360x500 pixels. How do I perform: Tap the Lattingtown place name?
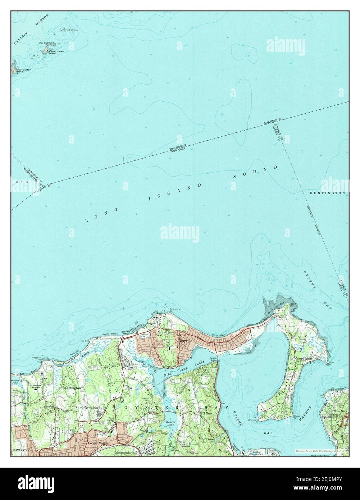[x=74, y=388]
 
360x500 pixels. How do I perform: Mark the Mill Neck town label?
[x=206, y=414]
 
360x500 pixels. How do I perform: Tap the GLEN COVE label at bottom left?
[x=19, y=450]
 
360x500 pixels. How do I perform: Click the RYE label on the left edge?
[x=19, y=182]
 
